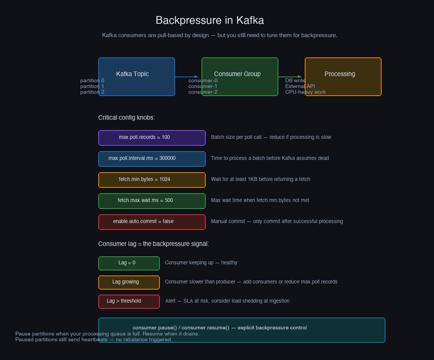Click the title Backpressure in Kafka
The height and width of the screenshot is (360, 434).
tap(210, 20)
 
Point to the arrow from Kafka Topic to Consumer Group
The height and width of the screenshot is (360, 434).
tap(187, 77)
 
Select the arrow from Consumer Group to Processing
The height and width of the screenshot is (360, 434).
tap(290, 77)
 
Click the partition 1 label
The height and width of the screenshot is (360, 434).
tap(92, 86)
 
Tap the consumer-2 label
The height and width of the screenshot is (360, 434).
tap(203, 92)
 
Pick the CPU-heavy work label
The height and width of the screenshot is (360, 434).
tap(305, 92)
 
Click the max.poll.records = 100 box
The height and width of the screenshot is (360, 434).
tap(152, 138)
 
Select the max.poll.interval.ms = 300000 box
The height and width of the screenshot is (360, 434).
tap(152, 159)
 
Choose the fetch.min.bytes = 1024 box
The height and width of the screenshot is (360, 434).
tap(152, 180)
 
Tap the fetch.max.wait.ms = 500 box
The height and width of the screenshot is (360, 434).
tap(152, 201)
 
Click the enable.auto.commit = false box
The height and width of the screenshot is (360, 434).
tap(152, 222)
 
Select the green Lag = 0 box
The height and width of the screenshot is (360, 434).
tap(129, 263)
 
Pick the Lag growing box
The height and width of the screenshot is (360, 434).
tap(129, 282)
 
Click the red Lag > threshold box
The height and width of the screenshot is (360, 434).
tap(129, 301)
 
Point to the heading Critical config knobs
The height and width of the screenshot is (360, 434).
tap(127, 118)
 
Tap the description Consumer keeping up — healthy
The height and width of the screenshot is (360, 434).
tap(201, 263)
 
